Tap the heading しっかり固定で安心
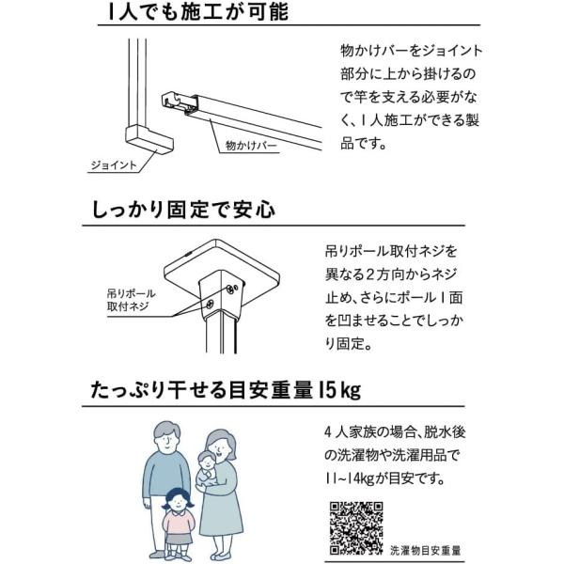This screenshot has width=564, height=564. click(x=184, y=210)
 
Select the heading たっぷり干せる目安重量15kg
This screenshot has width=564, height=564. click(x=226, y=390)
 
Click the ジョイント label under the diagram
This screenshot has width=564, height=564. click(x=114, y=165)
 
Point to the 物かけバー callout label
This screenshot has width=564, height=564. click(x=251, y=146)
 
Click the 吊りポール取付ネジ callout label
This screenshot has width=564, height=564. click(x=131, y=300)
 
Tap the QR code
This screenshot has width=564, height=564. click(x=356, y=528)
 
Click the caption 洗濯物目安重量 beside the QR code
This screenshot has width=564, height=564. click(x=426, y=550)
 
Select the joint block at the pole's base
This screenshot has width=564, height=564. click(x=149, y=138)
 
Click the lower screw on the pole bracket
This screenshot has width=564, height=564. click(x=209, y=305)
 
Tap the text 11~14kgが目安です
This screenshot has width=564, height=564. click(x=384, y=478)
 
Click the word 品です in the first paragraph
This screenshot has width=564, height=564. click(x=363, y=143)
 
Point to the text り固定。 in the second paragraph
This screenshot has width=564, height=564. click(x=348, y=344)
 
